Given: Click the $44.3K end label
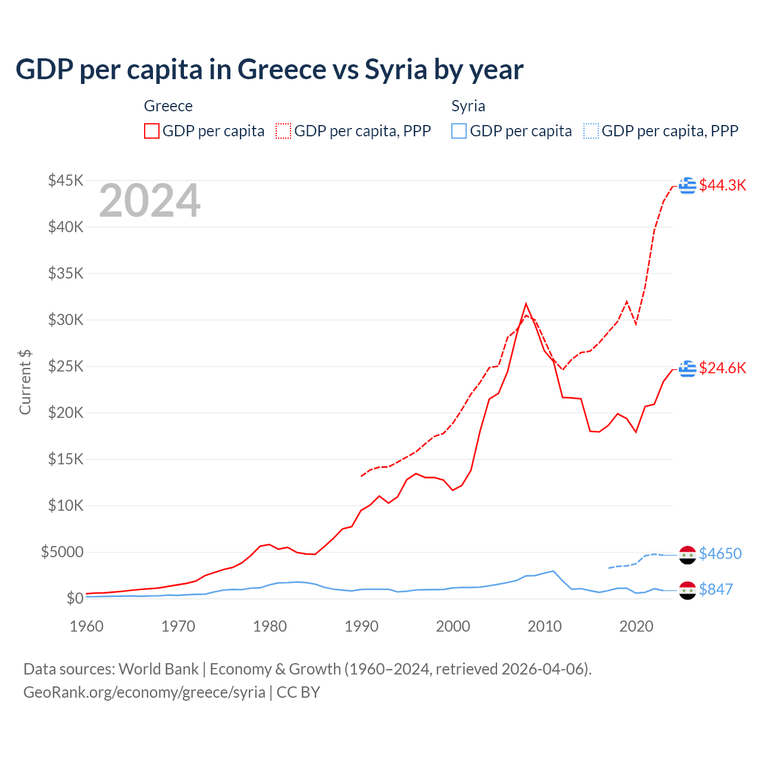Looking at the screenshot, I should coord(722,185).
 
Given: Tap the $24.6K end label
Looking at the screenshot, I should coord(722,368).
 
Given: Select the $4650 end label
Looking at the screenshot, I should coord(720,554).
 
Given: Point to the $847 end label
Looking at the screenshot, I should coord(716,589).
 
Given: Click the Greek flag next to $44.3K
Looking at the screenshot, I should coord(688,186).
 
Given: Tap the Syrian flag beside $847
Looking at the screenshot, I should coord(688,590).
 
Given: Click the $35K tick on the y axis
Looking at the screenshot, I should coord(66,273).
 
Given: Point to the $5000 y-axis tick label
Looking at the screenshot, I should coord(62,552).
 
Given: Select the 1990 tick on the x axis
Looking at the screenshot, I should coord(361,626).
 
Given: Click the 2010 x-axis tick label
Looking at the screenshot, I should coord(545,626).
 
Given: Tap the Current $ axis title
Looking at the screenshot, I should coord(25,382).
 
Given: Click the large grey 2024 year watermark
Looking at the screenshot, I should coord(149,201).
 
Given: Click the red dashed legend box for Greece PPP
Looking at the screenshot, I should coord(283,131).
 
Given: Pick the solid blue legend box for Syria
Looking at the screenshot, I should coord(459,131).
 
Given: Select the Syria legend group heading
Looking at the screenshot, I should coord(468,106).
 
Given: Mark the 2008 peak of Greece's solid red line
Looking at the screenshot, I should coord(526,304).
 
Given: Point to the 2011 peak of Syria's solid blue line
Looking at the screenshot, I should coord(553,571).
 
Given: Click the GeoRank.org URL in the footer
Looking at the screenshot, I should coord(144,692).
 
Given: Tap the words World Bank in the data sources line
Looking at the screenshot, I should coord(158,669).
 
